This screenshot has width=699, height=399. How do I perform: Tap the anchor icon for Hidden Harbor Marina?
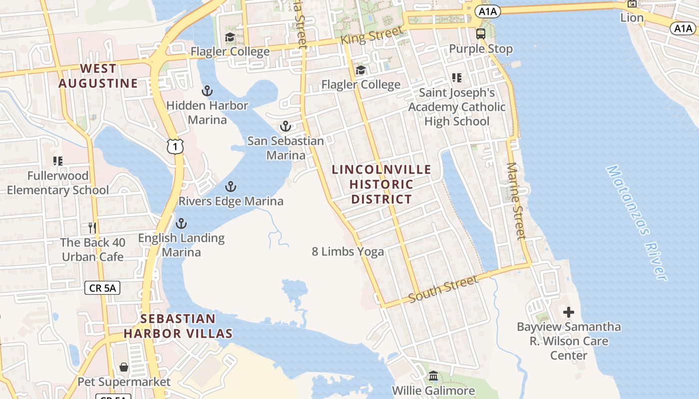coord(207,91)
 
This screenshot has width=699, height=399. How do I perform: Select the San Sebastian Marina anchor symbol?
coord(286,126)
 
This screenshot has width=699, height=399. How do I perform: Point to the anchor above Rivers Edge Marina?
coord(231,187)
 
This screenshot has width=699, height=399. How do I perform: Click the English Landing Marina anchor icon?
coord(181,223)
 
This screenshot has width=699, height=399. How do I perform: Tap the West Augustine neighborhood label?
coord(98,76)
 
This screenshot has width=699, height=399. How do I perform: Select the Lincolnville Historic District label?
coord(381,184)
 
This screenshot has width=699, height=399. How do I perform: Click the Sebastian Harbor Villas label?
coord(178,326)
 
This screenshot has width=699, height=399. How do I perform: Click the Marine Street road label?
coord(516,200)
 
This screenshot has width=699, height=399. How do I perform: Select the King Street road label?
coord(371,36)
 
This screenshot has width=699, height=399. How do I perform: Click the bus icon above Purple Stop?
coord(481,34)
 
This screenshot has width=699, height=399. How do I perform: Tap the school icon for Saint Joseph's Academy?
coord(456,78)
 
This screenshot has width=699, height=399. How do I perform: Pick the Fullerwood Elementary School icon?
coord(58,161)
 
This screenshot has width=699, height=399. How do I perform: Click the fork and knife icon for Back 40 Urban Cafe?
coord(92,228)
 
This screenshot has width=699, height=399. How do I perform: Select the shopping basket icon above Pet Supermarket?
coord(124,368)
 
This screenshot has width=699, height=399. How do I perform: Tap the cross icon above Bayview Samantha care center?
coord(569,313)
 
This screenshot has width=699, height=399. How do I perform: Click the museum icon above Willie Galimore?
coord(433,376)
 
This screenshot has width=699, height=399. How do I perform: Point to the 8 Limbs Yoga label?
coord(348,252)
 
